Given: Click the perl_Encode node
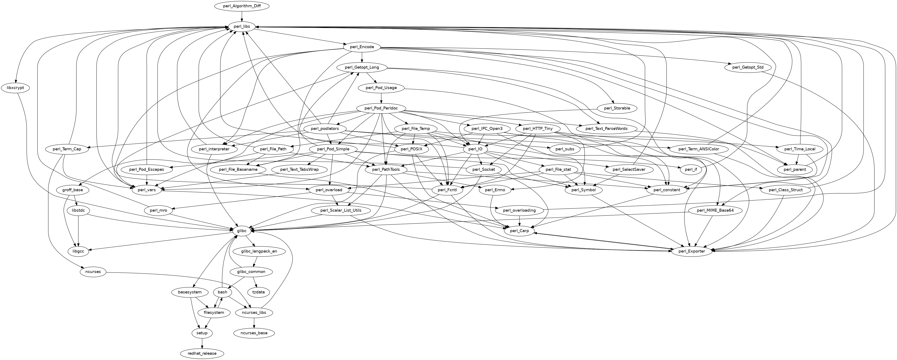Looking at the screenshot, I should pos(362,47).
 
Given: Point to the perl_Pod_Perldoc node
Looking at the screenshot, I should pos(381,108).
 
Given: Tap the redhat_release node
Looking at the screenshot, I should pos(202,353).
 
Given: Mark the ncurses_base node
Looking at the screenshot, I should pos(254,333).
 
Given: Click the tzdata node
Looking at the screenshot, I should pos(258,292).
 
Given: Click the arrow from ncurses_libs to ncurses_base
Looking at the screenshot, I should pos(254,323).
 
